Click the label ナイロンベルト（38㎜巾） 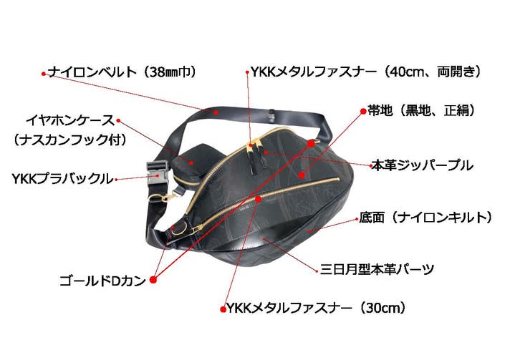122,72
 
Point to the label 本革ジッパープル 422,165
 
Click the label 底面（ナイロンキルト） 425,218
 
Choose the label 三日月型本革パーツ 377,269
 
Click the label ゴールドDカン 102,281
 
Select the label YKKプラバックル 62,179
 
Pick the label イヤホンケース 70,120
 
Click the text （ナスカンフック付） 69,140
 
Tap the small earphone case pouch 192,165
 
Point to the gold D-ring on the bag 181,228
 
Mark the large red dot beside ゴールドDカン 153,279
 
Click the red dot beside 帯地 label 363,112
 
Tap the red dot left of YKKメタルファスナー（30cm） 223,309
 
